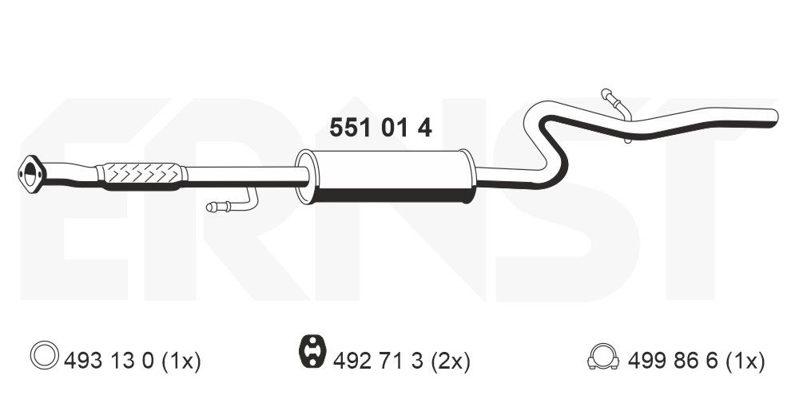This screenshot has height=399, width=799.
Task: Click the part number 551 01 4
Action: [380, 128]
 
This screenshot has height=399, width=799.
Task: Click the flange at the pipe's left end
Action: [32, 174]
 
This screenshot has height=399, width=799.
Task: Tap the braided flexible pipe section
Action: [141, 176]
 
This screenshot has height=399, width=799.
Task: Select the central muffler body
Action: [388, 176]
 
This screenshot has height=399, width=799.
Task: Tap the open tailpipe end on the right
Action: [774, 116]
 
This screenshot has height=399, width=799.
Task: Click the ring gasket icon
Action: [44, 355]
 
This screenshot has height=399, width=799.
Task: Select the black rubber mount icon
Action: [312, 351]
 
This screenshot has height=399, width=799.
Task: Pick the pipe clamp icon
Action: [603, 356]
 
